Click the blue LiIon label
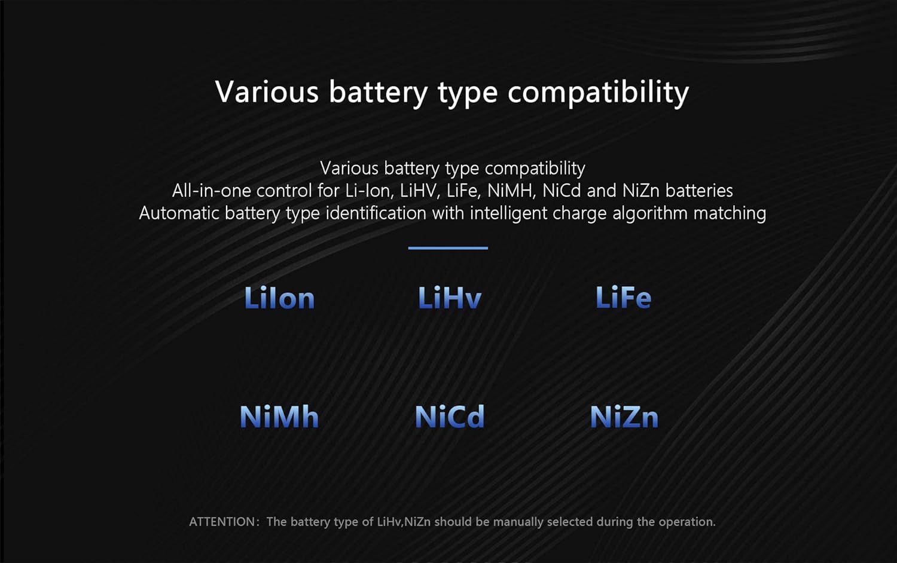click(x=279, y=298)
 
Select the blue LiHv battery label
click(x=449, y=297)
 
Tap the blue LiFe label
click(x=624, y=297)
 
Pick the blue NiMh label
click(x=279, y=417)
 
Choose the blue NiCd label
click(x=450, y=417)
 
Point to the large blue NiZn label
click(x=624, y=417)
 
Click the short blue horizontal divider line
click(x=448, y=248)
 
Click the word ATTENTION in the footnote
click(x=222, y=522)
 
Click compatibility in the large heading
click(x=598, y=93)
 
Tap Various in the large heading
click(x=267, y=92)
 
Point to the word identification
click(x=376, y=213)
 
